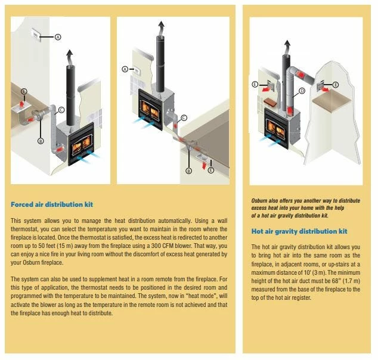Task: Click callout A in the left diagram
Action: point(58,37)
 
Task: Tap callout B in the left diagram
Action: point(41,141)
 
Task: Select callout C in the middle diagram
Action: point(184,118)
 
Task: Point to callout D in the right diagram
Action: point(302,91)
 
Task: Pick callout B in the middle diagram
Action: point(188,171)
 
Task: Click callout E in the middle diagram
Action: point(210,170)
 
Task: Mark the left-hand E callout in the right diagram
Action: point(255,84)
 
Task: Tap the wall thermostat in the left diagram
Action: point(36,35)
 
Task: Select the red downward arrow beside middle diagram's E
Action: point(204,166)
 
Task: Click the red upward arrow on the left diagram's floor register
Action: point(22,104)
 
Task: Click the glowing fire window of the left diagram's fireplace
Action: point(82,145)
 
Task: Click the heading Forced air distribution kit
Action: point(52,204)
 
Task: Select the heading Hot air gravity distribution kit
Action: point(299,231)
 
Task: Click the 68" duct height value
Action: point(335,281)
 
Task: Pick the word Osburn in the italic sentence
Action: point(259,201)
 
